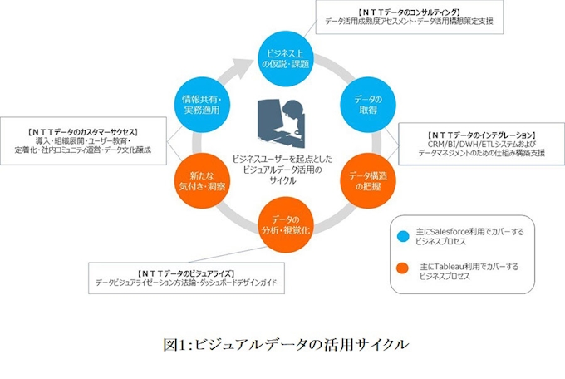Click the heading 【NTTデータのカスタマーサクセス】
pos(82,131)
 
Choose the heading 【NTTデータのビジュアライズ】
pos(185,273)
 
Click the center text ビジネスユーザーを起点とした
pos(280,156)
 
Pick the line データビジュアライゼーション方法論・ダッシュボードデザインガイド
pos(185,283)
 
